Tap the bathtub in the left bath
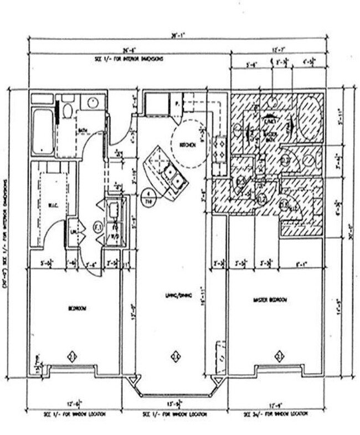(41, 132)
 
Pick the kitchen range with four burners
(219, 148)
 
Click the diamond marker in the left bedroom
(71, 355)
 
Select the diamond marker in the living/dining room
(176, 355)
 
